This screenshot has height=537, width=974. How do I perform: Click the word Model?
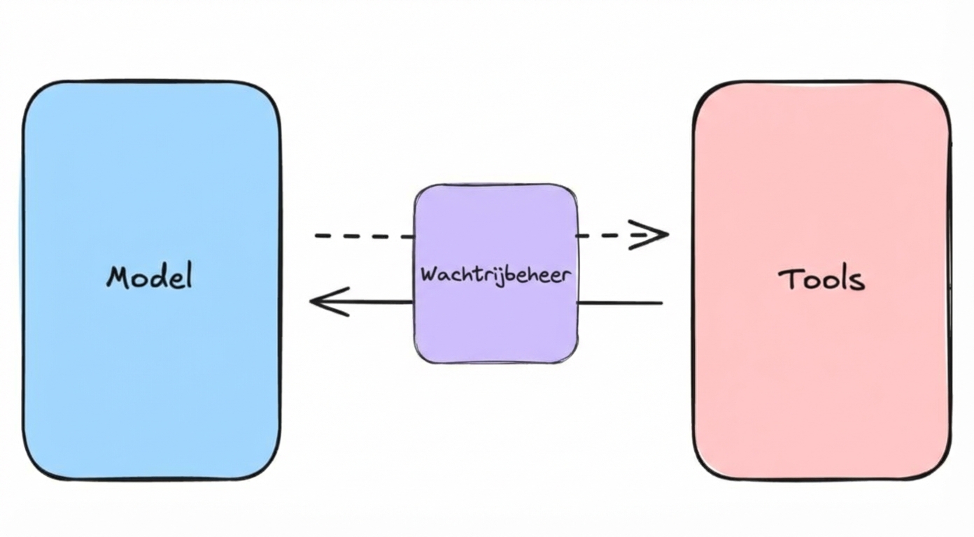tap(149, 277)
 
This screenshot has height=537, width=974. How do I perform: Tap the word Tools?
tap(821, 280)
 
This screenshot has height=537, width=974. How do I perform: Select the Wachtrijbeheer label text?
tap(495, 273)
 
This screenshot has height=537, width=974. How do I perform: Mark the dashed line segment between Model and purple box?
tap(364, 236)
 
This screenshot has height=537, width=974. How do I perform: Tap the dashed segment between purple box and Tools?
tap(602, 236)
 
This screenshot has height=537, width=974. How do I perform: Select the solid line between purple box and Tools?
tap(620, 303)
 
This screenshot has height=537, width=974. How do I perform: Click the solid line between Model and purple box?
tap(378, 302)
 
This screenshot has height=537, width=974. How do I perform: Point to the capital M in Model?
tap(118, 278)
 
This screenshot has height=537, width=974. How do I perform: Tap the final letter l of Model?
tap(187, 275)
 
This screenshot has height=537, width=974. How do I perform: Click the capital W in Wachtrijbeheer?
tap(428, 273)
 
